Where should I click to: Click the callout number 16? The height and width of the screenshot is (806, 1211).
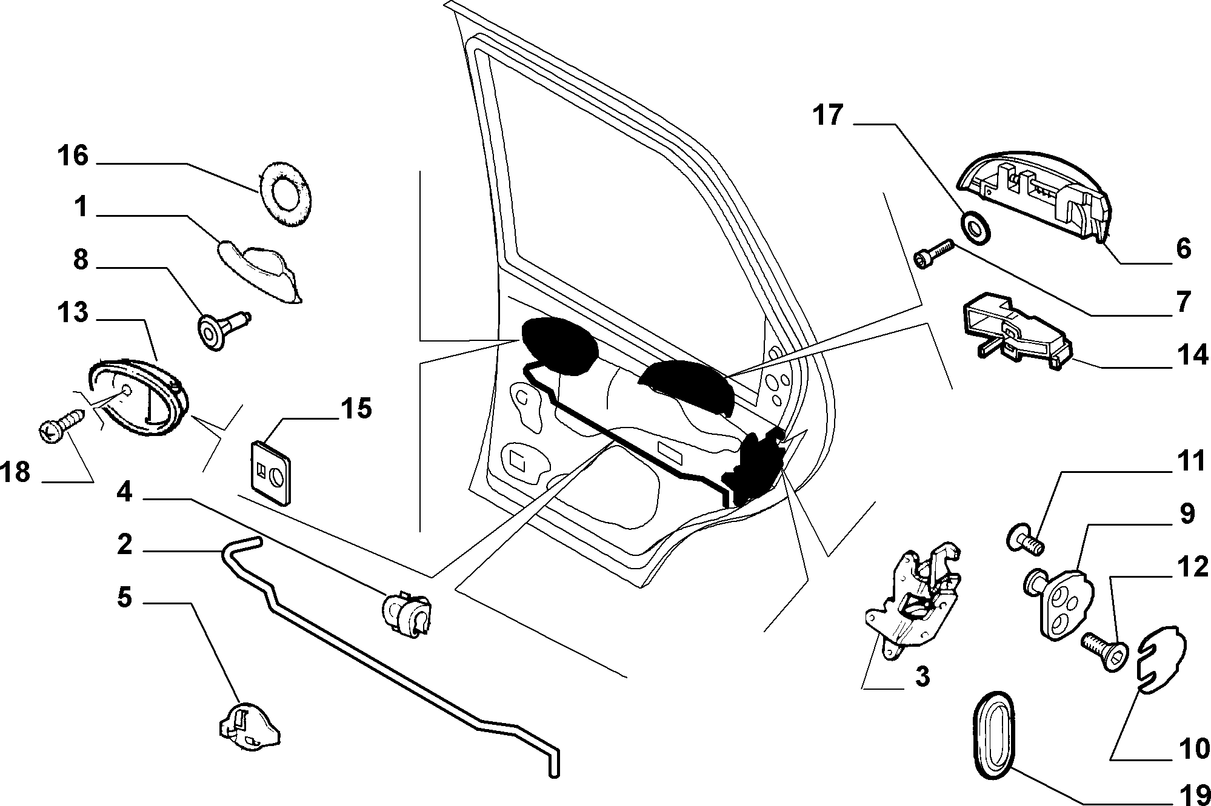pos(73,156)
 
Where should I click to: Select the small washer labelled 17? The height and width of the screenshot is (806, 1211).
pos(976,227)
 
